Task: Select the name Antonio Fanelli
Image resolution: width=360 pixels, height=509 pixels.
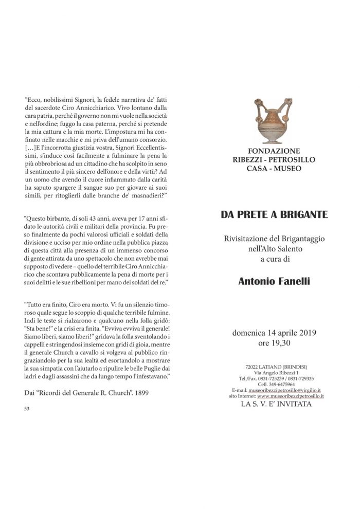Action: [274, 281]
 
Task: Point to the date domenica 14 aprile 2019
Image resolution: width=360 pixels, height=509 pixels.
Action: [274, 332]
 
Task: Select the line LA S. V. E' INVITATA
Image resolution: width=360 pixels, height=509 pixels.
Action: [274, 404]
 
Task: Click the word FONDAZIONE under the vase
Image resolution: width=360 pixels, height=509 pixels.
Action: [274, 152]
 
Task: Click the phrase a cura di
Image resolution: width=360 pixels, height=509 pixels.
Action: [274, 259]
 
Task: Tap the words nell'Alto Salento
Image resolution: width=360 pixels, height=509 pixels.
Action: [274, 249]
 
